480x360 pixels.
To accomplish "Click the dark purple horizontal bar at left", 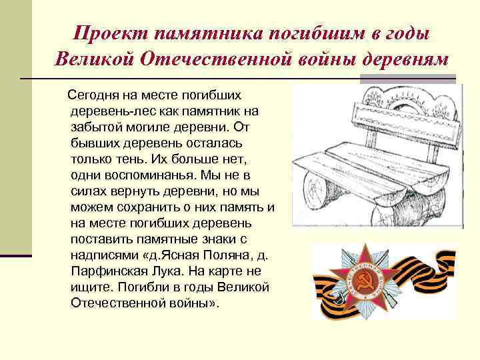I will click(16, 255).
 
